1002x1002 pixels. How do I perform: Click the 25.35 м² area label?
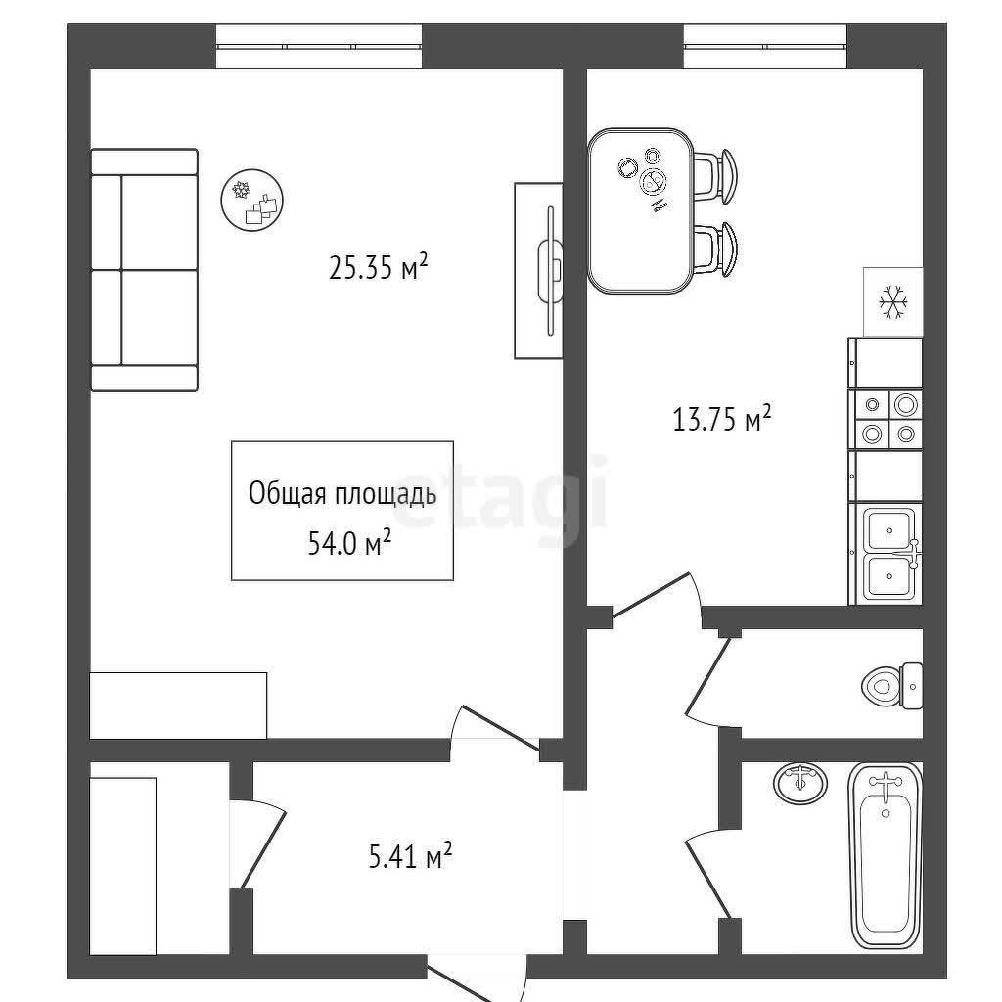point(378,266)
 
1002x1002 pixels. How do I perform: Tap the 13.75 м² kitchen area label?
point(722,419)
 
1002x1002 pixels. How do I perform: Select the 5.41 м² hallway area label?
point(410,855)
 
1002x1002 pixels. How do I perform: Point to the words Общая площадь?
point(342,494)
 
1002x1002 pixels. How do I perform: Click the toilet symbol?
point(892,686)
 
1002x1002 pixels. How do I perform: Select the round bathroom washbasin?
point(800,782)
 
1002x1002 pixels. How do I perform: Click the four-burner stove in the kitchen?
point(885,420)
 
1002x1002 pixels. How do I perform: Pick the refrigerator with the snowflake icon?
point(892,301)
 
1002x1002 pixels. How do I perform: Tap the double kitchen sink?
point(888,554)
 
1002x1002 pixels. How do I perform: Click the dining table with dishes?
point(641,211)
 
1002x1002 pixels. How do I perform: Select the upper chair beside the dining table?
point(716,177)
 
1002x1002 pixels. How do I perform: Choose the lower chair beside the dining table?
point(716,250)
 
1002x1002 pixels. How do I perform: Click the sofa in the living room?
point(145,270)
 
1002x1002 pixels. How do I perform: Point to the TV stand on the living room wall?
point(539,270)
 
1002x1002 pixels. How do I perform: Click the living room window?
point(319,46)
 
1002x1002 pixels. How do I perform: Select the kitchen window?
point(765,46)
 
